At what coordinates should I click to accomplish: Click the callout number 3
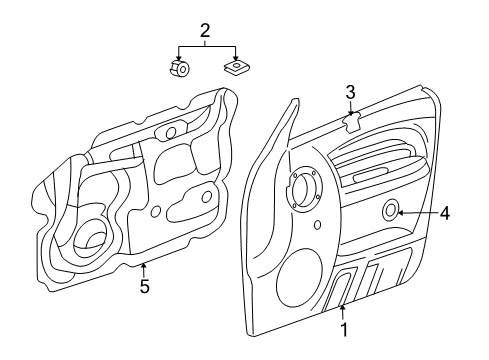point(350,93)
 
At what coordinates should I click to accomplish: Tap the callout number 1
point(345,327)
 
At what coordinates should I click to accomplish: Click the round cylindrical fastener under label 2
point(179,69)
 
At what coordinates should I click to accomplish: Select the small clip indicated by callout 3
point(352,122)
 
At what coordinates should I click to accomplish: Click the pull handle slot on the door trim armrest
point(366,175)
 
